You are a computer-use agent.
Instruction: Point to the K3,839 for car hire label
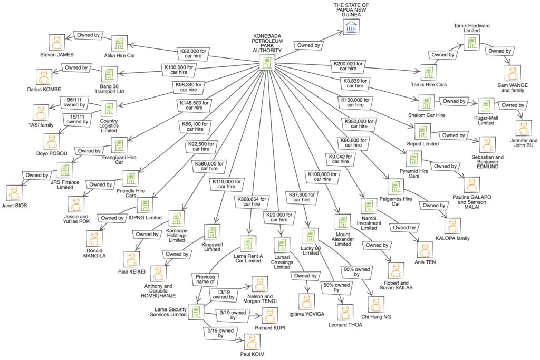point(354,83)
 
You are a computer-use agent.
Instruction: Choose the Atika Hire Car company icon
point(119,43)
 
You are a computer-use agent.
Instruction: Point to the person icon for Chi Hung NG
point(375,305)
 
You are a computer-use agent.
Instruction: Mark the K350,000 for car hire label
point(360,124)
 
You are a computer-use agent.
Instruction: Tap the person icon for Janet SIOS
point(13,192)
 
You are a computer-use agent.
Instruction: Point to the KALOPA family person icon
point(453,226)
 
